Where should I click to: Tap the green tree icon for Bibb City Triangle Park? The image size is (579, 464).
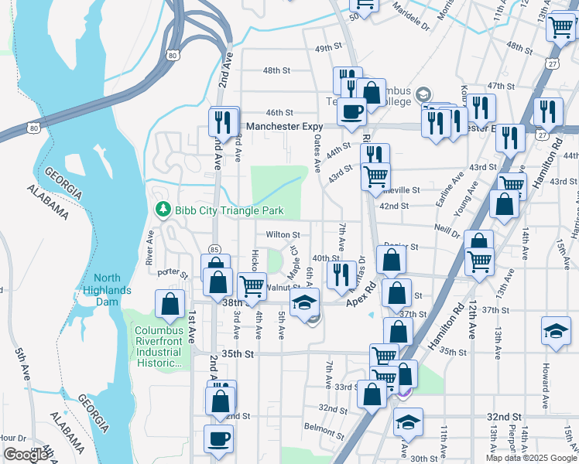(x=163, y=210)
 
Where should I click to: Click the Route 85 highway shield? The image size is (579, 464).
(x=214, y=249)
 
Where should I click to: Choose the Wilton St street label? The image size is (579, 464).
(x=283, y=234)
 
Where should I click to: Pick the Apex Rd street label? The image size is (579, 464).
(x=360, y=292)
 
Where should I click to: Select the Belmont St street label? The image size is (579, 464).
(x=324, y=427)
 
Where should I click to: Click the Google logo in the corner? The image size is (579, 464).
(x=26, y=455)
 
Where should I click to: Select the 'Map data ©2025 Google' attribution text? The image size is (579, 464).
(x=530, y=458)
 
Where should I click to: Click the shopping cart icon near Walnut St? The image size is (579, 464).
(x=252, y=285)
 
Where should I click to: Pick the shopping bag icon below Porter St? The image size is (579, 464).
(x=218, y=281)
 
